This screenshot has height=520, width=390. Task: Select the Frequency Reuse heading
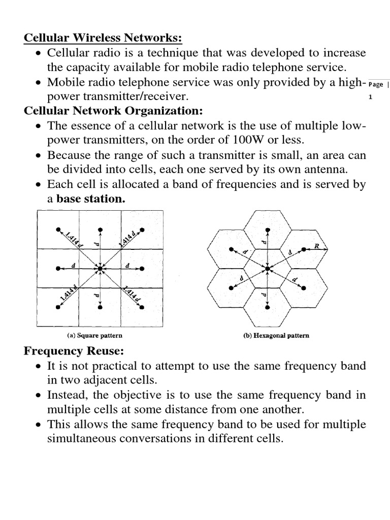75,350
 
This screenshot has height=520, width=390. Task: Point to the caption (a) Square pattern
95,336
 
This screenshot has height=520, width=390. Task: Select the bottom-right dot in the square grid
142,307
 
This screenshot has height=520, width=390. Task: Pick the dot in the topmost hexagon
268,228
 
